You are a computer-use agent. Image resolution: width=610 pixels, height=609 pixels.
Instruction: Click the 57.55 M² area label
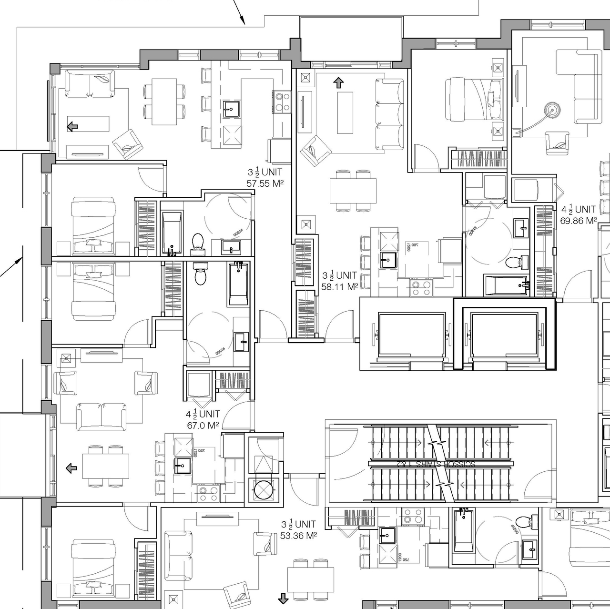click(265, 183)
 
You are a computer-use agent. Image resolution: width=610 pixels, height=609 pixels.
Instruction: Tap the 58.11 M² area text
click(339, 287)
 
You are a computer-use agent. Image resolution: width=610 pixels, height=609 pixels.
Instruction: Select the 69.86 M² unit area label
click(579, 221)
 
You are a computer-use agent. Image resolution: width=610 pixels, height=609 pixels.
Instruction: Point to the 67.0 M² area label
click(203, 426)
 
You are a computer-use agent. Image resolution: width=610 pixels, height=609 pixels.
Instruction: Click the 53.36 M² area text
click(299, 536)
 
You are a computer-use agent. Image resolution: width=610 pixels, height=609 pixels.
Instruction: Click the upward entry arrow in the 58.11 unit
click(338, 83)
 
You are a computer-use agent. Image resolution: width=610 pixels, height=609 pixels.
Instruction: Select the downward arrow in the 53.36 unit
click(284, 598)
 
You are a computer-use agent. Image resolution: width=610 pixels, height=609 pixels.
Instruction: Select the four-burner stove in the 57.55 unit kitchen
click(282, 101)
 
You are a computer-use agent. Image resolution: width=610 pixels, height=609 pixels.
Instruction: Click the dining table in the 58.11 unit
click(353, 191)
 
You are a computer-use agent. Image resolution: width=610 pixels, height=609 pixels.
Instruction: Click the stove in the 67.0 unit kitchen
click(208, 493)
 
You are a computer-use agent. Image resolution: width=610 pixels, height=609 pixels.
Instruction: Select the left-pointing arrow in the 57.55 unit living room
click(72, 126)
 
